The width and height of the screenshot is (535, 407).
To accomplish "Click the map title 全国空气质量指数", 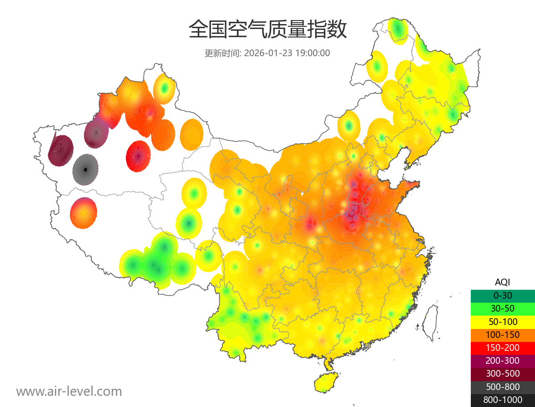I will (x=267, y=30).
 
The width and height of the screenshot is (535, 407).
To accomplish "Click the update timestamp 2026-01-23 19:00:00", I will (x=287, y=53).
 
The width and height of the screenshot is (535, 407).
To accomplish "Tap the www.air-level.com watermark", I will (x=69, y=391).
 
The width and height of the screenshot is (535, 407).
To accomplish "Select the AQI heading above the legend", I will (x=502, y=282).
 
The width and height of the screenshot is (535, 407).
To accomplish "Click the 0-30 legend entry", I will (x=502, y=295).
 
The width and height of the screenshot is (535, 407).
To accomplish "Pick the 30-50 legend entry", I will (x=502, y=308).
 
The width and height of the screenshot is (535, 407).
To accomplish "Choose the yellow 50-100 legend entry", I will (x=502, y=321).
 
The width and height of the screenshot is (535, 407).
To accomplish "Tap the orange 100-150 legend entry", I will (x=502, y=334).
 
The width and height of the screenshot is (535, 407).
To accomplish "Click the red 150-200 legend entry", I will (x=502, y=348).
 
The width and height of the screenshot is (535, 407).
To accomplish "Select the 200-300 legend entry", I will (x=502, y=361).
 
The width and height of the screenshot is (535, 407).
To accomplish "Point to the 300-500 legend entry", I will (x=502, y=374).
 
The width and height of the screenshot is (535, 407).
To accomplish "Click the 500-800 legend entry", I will (x=502, y=387).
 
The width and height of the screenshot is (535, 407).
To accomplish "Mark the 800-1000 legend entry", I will (x=502, y=400).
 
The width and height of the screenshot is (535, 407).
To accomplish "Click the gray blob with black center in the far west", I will (x=86, y=170).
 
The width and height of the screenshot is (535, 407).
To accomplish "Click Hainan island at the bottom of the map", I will (x=325, y=383).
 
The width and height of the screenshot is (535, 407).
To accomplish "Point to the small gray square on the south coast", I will (x=367, y=345).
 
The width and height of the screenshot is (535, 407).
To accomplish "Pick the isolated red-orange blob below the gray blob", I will (x=83, y=213).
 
